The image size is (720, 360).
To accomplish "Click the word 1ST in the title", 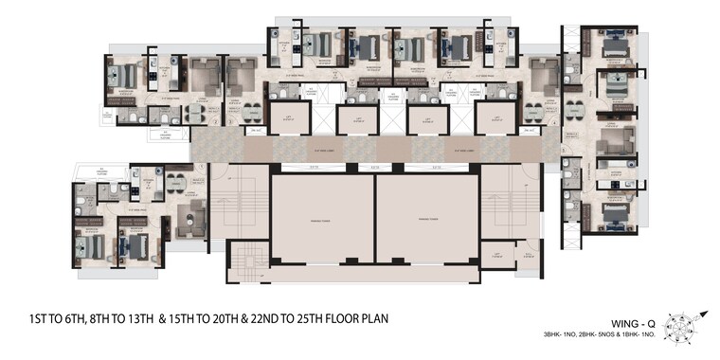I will pos(36,319).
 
